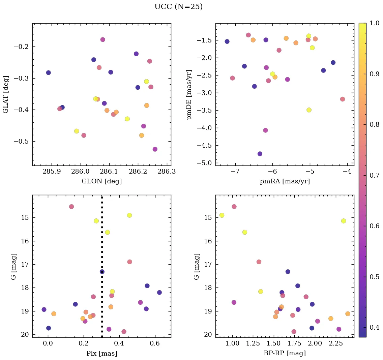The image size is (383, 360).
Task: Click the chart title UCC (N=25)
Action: [x=178, y=7]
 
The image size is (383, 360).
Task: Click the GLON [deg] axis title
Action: [x=101, y=181]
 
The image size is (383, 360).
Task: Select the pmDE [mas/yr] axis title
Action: [x=189, y=94]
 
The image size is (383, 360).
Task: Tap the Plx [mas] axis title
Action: [x=101, y=354]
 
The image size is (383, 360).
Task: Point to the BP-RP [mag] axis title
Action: [x=285, y=354]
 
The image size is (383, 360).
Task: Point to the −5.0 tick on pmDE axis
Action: [x=204, y=163]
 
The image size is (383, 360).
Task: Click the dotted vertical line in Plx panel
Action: [x=102, y=236]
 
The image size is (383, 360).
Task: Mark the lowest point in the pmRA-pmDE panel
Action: [x=260, y=154]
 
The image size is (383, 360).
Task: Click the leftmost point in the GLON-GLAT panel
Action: [x=48, y=73]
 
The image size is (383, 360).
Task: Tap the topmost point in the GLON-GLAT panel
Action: [x=102, y=39]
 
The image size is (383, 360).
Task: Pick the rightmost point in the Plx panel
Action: [x=159, y=292]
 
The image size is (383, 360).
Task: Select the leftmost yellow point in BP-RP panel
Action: [x=222, y=215]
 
